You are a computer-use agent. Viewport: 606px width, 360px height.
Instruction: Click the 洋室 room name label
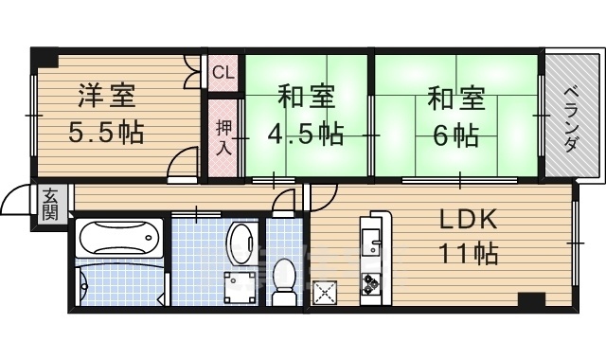tap(105, 97)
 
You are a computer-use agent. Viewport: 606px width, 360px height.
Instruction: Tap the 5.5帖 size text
tap(105, 131)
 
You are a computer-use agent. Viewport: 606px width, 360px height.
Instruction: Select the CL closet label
tap(222, 72)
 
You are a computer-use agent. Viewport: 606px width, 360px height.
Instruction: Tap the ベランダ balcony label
tap(571, 118)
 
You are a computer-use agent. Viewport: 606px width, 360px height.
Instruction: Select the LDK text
tap(467, 219)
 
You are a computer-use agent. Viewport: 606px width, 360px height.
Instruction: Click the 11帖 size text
tap(467, 254)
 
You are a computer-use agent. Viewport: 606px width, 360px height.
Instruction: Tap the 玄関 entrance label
tap(49, 203)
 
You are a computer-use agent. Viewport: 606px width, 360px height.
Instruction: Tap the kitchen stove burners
tap(370, 282)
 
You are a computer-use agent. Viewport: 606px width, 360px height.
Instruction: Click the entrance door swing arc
tap(15, 203)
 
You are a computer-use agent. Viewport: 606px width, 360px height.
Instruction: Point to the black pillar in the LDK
tap(531, 301)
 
